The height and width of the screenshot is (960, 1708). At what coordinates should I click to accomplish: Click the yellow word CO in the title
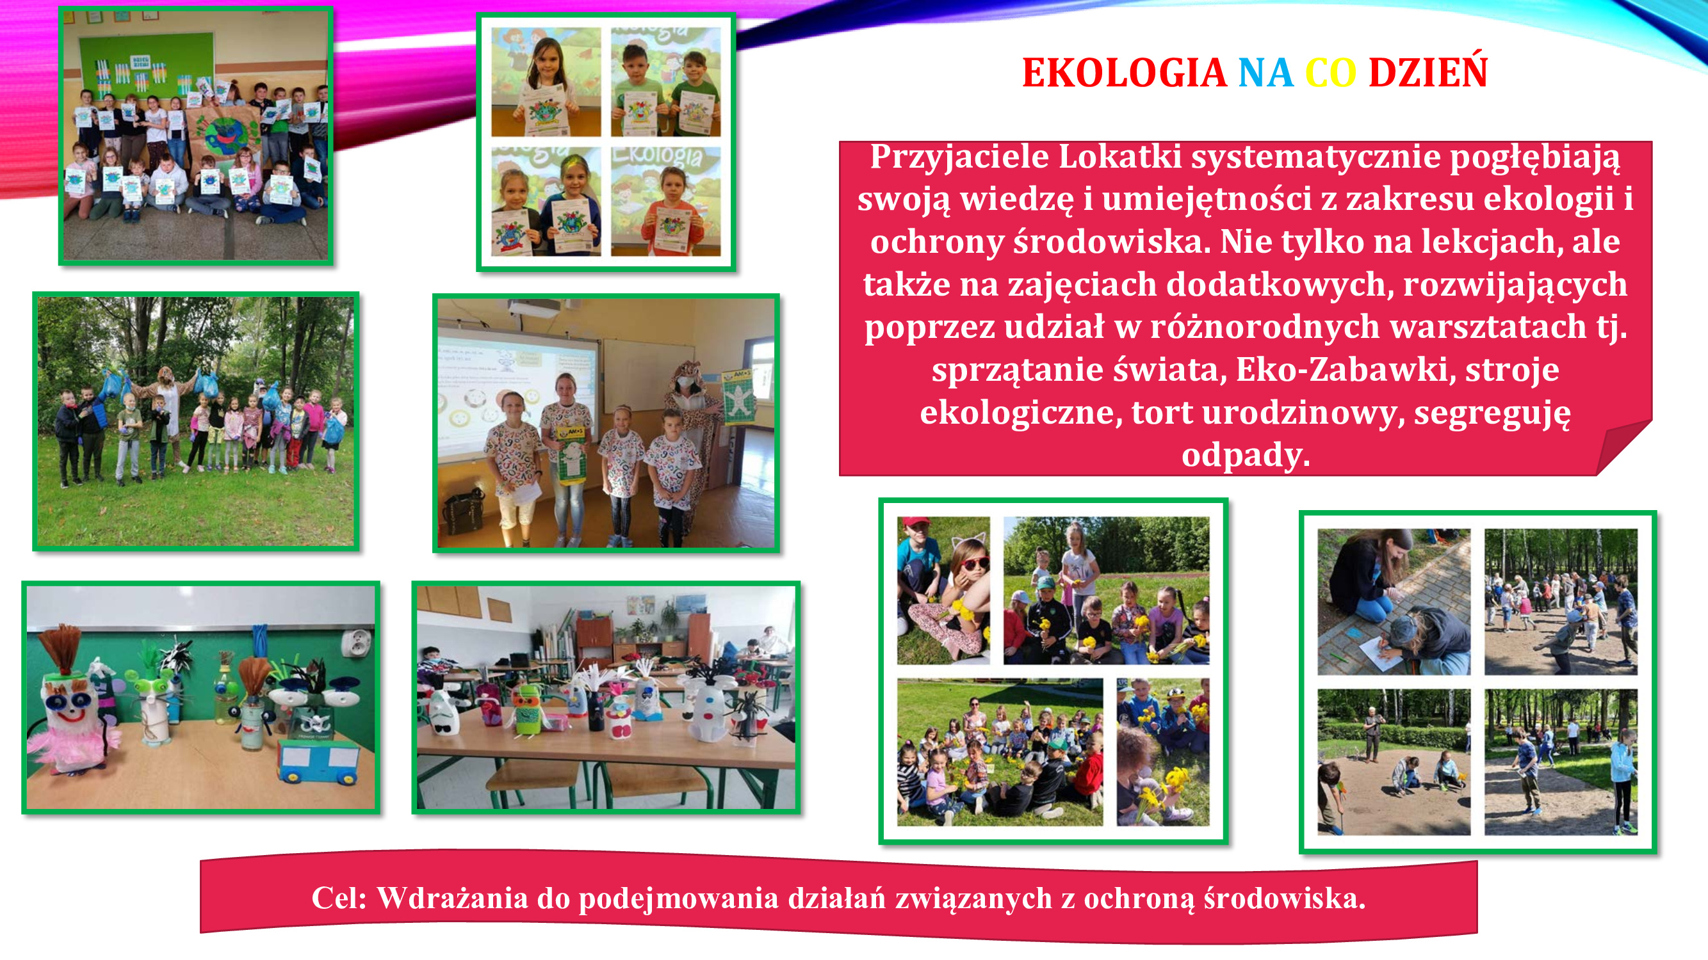1330,73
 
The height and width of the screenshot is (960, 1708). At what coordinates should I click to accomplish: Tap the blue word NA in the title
1265,73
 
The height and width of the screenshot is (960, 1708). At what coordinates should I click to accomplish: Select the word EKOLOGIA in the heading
1124,73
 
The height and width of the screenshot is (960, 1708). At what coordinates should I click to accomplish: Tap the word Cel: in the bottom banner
339,899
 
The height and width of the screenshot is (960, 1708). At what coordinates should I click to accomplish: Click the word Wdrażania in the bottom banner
452,899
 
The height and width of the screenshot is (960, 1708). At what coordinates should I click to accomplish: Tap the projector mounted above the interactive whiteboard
533,307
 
